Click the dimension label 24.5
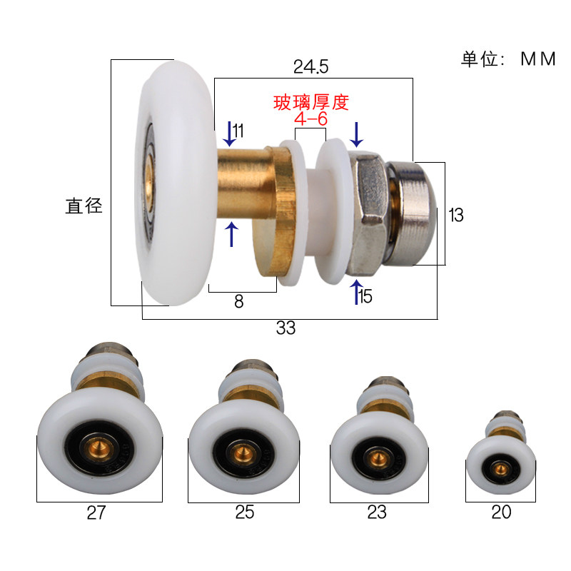pos(310,67)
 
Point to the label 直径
pos(84,207)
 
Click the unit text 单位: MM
pos(507,59)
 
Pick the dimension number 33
pos(285,328)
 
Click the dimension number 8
pos(238,302)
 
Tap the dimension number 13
pos(455,215)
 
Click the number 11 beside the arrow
pos(238,131)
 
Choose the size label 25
pos(244,512)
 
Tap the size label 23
pos(377,512)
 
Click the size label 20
pos(501,512)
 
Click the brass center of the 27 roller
pos(101,450)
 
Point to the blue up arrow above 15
pos(356,292)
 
